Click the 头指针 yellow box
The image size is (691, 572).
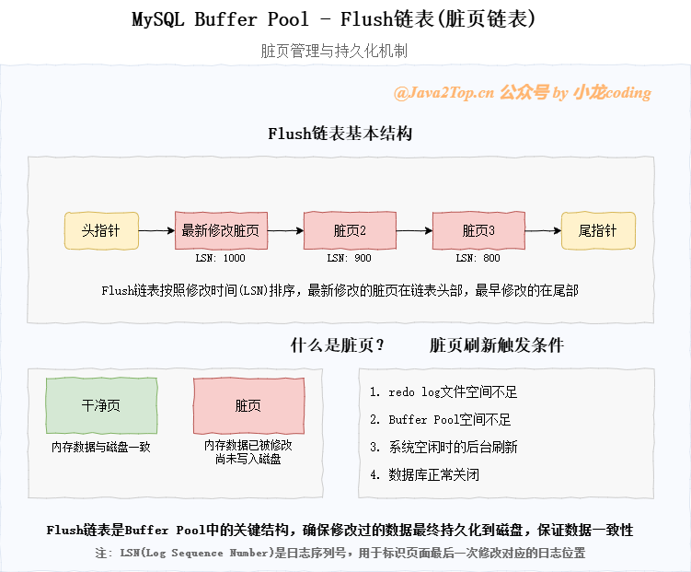click(x=101, y=230)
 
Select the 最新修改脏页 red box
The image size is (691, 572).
click(x=221, y=230)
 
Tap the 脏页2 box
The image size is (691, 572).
click(x=350, y=230)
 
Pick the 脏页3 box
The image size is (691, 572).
click(x=478, y=230)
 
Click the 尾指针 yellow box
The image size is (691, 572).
click(x=598, y=230)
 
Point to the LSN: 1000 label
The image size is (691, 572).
click(x=221, y=259)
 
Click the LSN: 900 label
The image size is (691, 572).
click(x=350, y=259)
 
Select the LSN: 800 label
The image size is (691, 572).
click(x=478, y=259)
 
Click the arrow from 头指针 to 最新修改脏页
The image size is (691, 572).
click(x=156, y=230)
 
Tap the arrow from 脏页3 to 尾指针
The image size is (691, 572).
click(x=543, y=230)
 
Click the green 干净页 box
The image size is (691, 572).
click(x=101, y=405)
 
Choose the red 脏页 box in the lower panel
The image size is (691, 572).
click(x=248, y=405)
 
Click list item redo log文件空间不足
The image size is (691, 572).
click(x=443, y=392)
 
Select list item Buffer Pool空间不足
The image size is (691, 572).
click(x=440, y=420)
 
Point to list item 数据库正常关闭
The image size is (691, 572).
click(x=424, y=475)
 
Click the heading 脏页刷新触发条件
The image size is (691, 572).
click(x=497, y=346)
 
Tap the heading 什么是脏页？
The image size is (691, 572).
click(x=338, y=346)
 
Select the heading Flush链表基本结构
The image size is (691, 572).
click(x=340, y=134)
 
